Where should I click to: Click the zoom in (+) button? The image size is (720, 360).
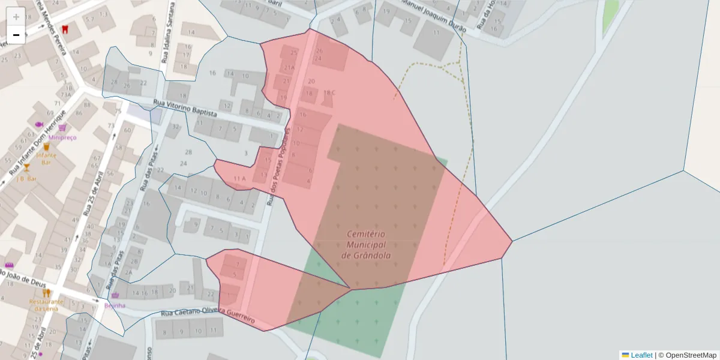tap(16, 16)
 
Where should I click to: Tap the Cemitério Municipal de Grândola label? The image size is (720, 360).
tap(366, 245)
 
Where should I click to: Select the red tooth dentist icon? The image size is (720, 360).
tap(65, 28)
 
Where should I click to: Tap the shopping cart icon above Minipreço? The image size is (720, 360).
tap(62, 128)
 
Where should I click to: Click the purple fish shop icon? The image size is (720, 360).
tap(40, 125)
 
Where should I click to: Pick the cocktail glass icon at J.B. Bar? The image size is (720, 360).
tap(26, 168)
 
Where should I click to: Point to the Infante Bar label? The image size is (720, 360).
tap(46, 158)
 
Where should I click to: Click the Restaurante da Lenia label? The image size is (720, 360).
tap(46, 305)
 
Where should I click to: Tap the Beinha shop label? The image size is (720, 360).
tap(115, 305)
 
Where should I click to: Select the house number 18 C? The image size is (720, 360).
tap(329, 92)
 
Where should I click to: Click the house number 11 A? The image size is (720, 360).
tap(240, 179)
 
